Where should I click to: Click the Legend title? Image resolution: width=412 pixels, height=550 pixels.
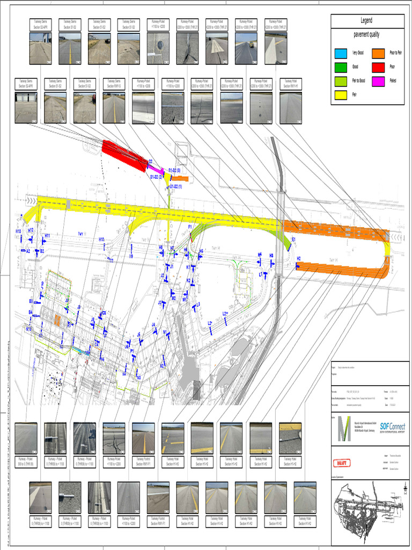tap(366, 20)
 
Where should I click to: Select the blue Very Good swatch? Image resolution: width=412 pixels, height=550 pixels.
tap(340, 53)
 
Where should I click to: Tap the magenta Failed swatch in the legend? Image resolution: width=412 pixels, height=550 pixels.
tap(379, 81)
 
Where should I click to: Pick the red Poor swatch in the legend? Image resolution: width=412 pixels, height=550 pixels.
tap(379, 67)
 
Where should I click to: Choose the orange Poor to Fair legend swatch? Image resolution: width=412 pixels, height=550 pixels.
tap(379, 53)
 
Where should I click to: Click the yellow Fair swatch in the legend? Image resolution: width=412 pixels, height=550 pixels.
tap(340, 95)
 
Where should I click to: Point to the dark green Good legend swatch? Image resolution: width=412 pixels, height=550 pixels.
tap(340, 67)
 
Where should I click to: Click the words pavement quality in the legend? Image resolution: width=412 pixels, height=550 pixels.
tap(366, 34)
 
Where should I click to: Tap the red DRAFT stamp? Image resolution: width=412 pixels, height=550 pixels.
tap(342, 462)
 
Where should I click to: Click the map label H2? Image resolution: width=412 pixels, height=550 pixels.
tap(299, 258)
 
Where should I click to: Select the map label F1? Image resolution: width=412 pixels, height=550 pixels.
tap(190, 227)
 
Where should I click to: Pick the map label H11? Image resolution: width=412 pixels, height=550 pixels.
tap(47, 235)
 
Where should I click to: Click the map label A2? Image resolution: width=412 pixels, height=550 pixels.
tap(28, 251)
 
